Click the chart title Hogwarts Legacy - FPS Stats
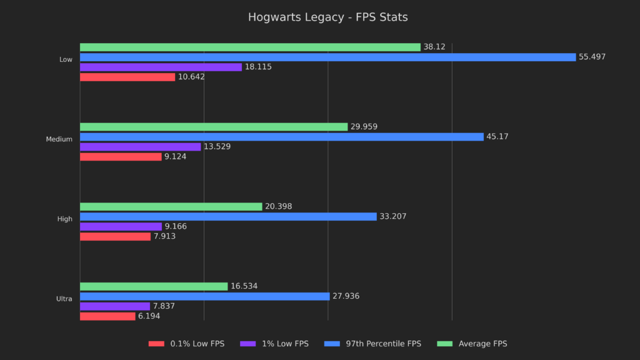pos(327,17)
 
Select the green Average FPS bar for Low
pos(250,47)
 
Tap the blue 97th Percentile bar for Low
pos(327,57)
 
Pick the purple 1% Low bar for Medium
pos(140,147)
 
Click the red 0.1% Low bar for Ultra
pos(107,316)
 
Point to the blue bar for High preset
pos(228,216)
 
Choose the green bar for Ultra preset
pos(154,286)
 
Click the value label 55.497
pos(592,57)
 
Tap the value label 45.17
pos(497,137)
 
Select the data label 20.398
pos(278,207)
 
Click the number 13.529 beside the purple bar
pos(217,147)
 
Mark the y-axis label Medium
pos(59,139)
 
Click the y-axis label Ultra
pos(64,299)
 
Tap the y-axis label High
pos(64,219)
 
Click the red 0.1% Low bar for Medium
pos(121,157)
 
